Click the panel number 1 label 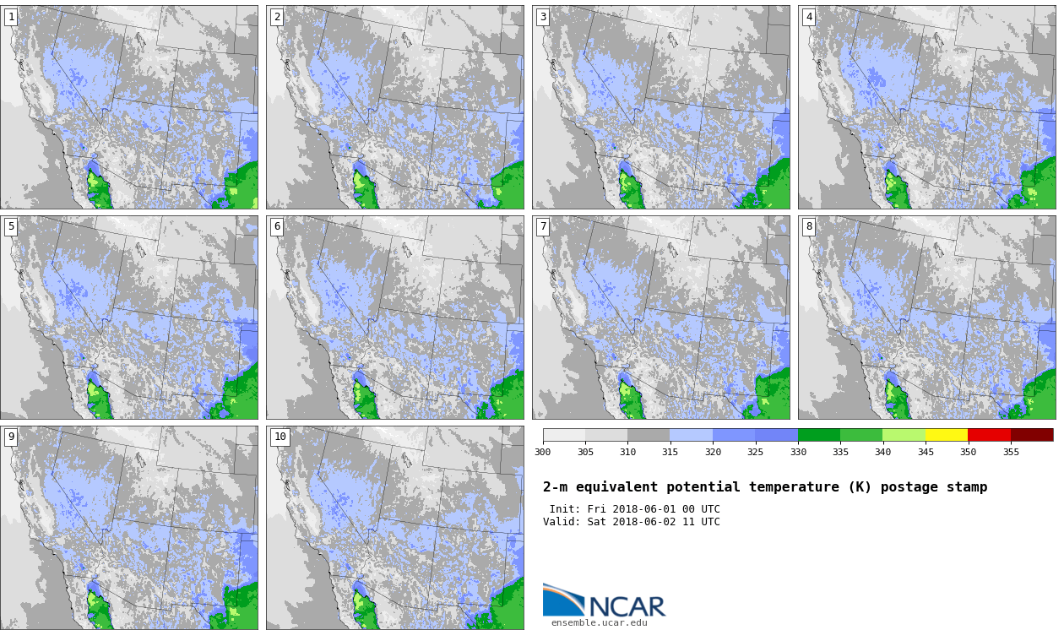(11, 18)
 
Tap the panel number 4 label (809, 18)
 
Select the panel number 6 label (277, 226)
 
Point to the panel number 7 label (543, 226)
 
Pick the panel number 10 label (280, 437)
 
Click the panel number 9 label (11, 437)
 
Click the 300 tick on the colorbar (543, 452)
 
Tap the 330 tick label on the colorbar (798, 452)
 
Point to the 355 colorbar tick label (1011, 452)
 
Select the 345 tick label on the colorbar (926, 452)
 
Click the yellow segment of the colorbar (947, 435)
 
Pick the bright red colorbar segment (990, 435)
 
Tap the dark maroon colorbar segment (1032, 435)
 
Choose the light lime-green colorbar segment (904, 435)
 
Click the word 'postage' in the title (909, 487)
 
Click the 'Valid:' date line (632, 522)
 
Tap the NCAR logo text (627, 606)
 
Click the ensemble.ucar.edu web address (599, 622)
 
